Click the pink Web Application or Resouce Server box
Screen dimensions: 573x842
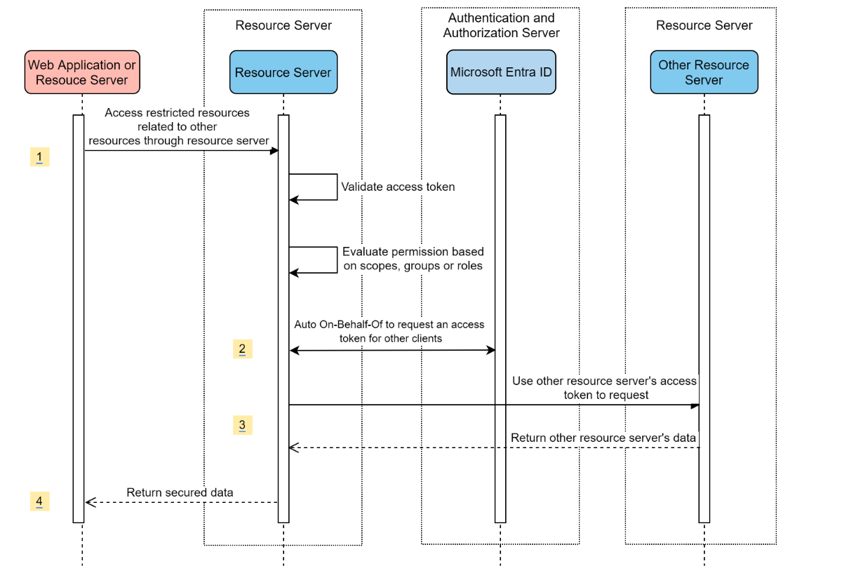tap(82, 72)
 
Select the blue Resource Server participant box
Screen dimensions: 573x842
tap(283, 72)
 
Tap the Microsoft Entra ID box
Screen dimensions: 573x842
tap(501, 72)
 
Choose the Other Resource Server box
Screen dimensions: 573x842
tap(704, 72)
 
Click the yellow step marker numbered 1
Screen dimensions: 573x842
tap(39, 157)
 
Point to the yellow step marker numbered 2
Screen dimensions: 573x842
tap(242, 349)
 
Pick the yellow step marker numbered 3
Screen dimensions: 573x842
tap(242, 425)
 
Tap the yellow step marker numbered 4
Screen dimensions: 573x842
tap(39, 501)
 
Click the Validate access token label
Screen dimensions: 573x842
tap(398, 187)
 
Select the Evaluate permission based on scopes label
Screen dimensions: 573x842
tap(413, 259)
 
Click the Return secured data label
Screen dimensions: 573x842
tap(180, 492)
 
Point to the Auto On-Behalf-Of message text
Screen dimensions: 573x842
tap(389, 331)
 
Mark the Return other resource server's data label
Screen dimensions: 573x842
tap(603, 438)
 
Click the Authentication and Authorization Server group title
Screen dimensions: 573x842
tap(501, 25)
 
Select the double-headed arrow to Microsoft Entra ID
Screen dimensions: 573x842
tap(392, 350)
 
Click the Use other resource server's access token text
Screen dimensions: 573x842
tap(605, 387)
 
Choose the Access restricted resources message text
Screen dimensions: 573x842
tap(178, 126)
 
